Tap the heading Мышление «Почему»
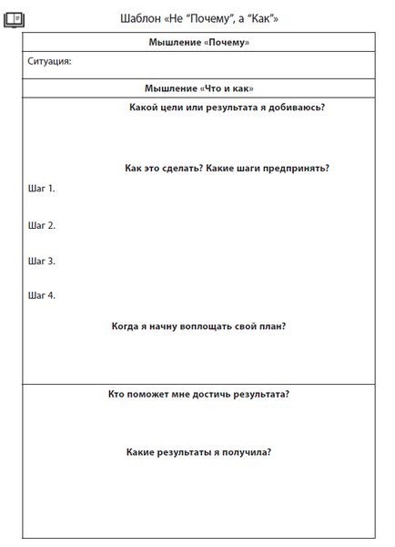pyautogui.click(x=198, y=43)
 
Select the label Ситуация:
pyautogui.click(x=50, y=62)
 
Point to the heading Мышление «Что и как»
pyautogui.click(x=198, y=88)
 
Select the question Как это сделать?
pyautogui.click(x=164, y=168)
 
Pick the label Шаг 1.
pyautogui.click(x=42, y=189)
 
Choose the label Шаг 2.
pyautogui.click(x=42, y=225)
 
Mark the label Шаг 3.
pyautogui.click(x=42, y=261)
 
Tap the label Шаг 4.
pyautogui.click(x=42, y=295)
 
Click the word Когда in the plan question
pyautogui.click(x=127, y=325)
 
